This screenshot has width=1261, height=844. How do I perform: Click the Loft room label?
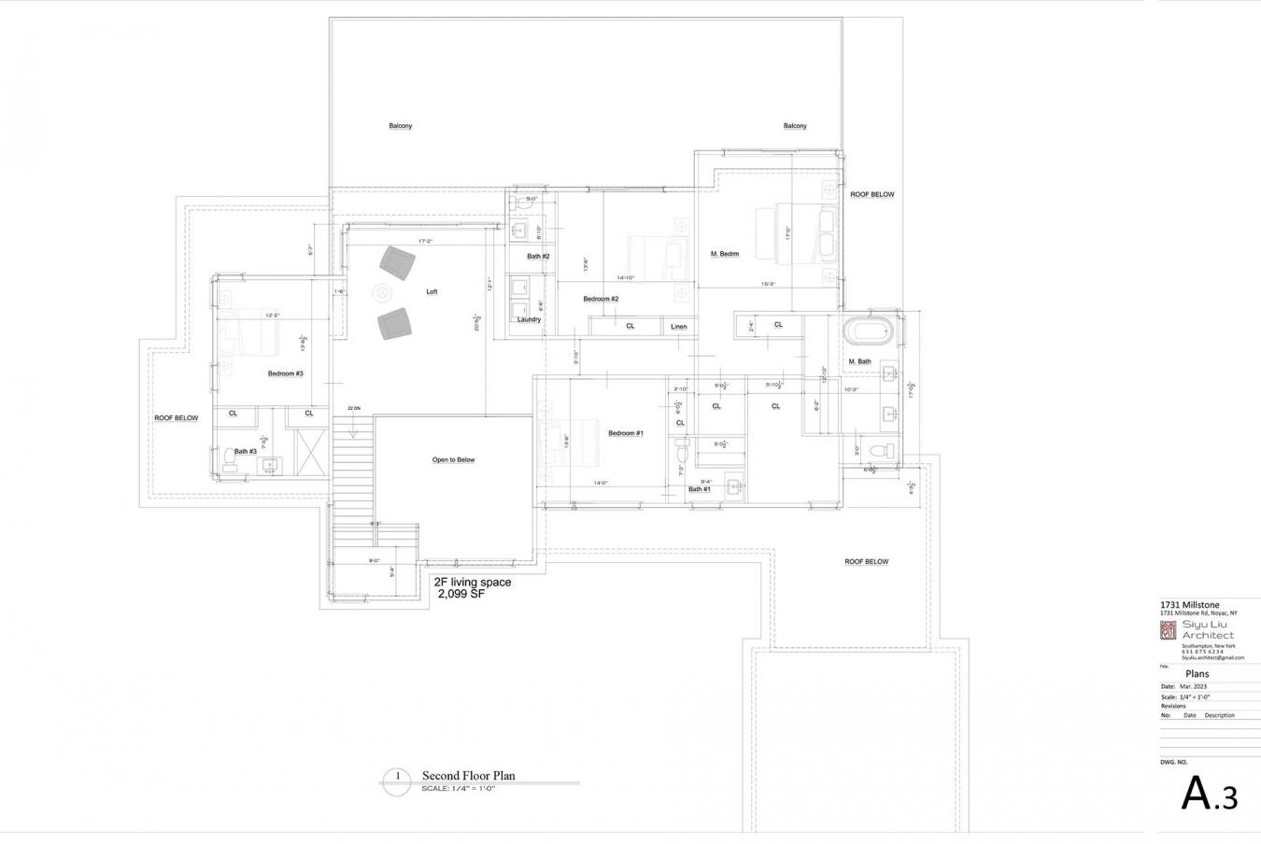pos(432,292)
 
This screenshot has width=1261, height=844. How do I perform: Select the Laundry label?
pos(529,319)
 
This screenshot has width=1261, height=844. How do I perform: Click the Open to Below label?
pos(453,460)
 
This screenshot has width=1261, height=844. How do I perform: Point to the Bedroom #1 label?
pos(625,433)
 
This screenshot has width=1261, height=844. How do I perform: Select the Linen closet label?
pos(678,327)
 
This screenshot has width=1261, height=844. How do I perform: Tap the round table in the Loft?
pos(383,293)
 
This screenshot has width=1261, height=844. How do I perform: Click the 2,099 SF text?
pos(460,594)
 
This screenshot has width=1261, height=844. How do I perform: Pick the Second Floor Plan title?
pos(468,776)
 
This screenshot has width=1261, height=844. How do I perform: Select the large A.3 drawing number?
pos(1210,795)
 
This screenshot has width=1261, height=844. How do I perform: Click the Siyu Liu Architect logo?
pos(1168,631)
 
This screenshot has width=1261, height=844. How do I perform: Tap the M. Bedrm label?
pos(725,254)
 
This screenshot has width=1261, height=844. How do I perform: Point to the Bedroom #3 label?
pos(285,373)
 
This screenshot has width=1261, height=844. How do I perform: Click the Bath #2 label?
pos(538,256)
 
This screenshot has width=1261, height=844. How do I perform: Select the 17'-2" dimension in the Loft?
pos(425,242)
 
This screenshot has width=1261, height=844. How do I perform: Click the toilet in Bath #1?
pos(682,453)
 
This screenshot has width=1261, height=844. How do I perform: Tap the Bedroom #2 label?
pos(601,299)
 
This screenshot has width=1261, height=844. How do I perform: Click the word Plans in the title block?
pos(1197,674)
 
